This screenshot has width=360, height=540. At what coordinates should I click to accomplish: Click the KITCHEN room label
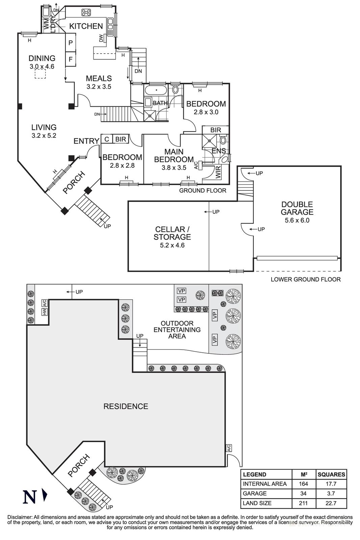[86, 26]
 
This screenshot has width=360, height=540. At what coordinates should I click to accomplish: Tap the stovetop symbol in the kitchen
[86, 12]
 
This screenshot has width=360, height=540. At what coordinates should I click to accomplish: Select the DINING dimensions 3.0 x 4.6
[42, 66]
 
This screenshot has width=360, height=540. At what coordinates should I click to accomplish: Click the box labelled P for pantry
[71, 43]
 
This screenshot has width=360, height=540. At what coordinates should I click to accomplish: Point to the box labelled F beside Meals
[71, 59]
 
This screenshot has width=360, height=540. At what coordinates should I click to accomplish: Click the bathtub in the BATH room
[156, 90]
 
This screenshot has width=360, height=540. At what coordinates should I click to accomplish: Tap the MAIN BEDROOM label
[174, 156]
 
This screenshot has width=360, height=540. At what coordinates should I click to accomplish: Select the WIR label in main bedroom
[218, 172]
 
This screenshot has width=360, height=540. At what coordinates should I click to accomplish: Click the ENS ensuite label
[219, 151]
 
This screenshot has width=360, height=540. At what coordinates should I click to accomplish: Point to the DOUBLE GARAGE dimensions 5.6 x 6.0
[297, 220]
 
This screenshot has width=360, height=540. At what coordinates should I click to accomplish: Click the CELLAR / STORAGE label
[172, 233]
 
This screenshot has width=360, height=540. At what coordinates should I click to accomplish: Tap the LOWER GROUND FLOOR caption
[305, 279]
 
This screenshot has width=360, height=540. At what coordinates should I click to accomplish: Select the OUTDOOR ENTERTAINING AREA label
[177, 330]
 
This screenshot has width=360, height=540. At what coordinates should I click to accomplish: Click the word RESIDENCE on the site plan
[126, 406]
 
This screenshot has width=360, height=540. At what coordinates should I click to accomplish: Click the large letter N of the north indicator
[30, 496]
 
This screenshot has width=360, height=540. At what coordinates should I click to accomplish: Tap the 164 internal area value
[303, 484]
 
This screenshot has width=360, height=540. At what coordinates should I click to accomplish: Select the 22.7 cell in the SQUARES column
[331, 503]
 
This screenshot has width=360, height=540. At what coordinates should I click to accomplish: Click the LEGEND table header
[254, 474]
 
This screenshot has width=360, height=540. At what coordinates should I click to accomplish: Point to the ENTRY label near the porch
[86, 141]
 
